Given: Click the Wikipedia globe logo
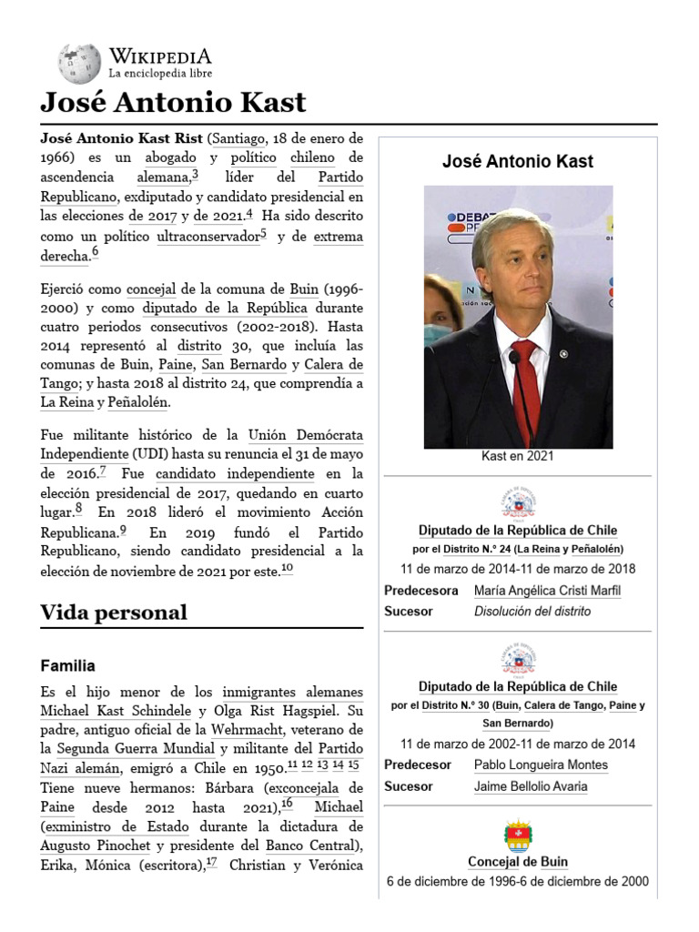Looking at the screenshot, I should pos(80,64).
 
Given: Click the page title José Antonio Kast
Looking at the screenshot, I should pos(173,102).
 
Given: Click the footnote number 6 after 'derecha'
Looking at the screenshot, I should pos(95,253).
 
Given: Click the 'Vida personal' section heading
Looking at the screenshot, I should pos(114,613).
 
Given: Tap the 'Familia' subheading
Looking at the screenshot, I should pos(67,666).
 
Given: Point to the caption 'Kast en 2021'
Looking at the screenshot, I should pos(517,456).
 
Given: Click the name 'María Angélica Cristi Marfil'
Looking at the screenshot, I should pos(547,591).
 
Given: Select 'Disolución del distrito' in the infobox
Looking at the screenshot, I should pos(532,611).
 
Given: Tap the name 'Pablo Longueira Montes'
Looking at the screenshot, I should pos(541,765).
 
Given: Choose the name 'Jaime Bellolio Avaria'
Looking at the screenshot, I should pos(530,786).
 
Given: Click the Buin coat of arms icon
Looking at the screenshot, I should pos(518,836).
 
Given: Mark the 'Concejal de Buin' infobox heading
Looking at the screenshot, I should pos(517,862).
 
